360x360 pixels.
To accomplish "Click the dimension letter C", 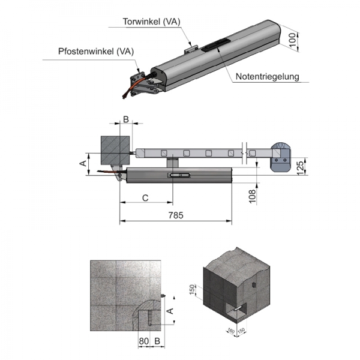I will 145,197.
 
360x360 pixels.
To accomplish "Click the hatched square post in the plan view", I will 113,151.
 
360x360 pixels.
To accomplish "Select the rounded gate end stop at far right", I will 280,157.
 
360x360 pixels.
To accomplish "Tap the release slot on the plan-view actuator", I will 179,175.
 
